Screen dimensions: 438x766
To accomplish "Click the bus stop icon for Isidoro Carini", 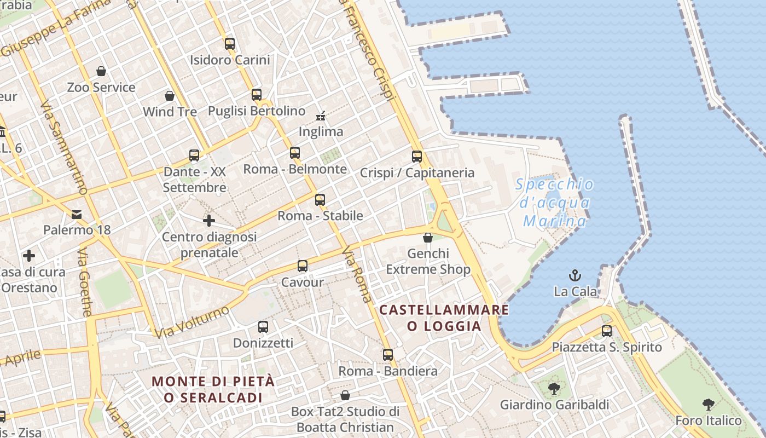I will (x=230, y=44).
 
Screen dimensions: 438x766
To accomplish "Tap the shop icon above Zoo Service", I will (x=101, y=71).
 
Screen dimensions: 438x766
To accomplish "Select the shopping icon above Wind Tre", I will (x=170, y=96).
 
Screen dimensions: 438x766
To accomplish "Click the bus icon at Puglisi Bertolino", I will (x=257, y=95).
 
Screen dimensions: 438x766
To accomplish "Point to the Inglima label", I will (x=321, y=131).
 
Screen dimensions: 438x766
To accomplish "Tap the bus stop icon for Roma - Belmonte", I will (x=295, y=153).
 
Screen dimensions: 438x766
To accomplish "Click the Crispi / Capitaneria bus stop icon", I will (x=417, y=157).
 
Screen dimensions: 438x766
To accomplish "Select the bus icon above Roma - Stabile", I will (x=320, y=200).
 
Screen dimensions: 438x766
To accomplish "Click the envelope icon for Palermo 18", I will (x=77, y=214).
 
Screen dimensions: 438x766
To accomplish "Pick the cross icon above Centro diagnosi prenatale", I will (x=209, y=221).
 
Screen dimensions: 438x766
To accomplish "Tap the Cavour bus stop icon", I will (x=303, y=267).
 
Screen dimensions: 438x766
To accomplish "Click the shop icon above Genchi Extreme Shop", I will (x=428, y=238).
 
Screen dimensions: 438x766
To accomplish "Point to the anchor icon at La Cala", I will (x=575, y=275).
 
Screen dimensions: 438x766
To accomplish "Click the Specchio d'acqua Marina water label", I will (x=554, y=203).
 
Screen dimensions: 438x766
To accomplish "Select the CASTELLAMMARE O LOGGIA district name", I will (x=444, y=318).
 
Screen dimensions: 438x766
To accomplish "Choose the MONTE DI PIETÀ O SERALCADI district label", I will (x=213, y=389).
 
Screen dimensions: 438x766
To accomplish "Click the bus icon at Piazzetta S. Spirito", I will (x=607, y=331).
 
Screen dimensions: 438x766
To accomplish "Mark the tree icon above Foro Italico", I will (x=709, y=405).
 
